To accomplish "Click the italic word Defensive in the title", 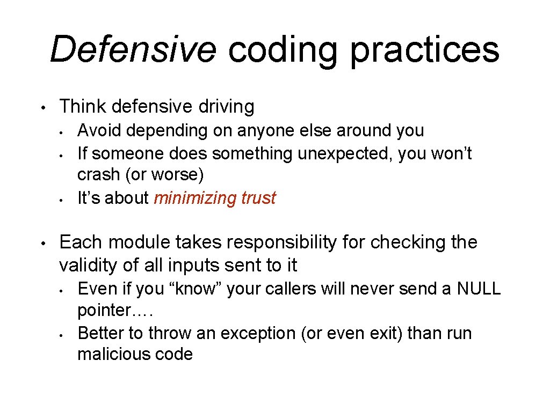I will [133, 49].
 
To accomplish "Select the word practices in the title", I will [425, 49].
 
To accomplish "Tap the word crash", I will [94, 175].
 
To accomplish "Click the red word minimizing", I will [195, 198].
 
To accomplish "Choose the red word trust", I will [258, 198].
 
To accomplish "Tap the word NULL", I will [479, 289].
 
